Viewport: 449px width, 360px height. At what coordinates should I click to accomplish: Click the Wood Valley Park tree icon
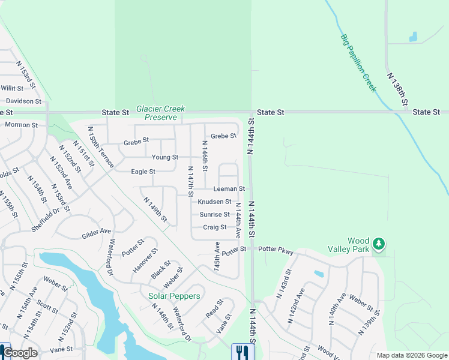(378, 243)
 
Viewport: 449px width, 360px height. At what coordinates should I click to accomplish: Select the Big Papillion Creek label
(358, 64)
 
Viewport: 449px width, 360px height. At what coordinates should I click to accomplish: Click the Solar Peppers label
(174, 296)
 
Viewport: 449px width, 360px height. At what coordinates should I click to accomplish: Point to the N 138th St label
(397, 90)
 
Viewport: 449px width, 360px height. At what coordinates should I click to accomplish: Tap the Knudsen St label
(214, 202)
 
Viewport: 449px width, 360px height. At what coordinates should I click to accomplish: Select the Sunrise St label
(214, 214)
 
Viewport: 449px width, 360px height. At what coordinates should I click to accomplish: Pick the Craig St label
(214, 227)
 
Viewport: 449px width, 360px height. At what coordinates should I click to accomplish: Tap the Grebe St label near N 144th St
(224, 136)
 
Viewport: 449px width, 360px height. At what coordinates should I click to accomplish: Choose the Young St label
(164, 157)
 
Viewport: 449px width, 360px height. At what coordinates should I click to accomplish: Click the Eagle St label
(143, 172)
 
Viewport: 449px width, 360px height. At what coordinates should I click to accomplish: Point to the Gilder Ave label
(97, 232)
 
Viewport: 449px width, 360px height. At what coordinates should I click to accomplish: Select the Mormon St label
(21, 125)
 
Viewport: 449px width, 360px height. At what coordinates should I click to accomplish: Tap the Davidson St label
(20, 101)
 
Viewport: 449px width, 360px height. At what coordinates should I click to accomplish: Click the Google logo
(20, 353)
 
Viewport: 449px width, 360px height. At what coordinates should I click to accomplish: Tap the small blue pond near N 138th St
(413, 37)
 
